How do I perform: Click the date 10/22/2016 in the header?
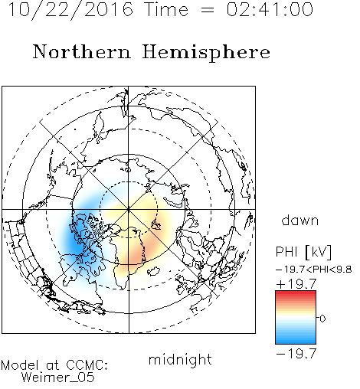(70, 10)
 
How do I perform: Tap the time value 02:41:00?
(270, 10)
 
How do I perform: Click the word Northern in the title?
(82, 52)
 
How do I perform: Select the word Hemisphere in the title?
(206, 53)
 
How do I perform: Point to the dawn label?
(300, 220)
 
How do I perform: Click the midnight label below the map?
(180, 360)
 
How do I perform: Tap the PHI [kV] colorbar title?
(303, 252)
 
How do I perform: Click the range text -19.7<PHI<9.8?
(314, 270)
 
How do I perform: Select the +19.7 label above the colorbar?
(296, 284)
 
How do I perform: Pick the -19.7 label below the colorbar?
(296, 354)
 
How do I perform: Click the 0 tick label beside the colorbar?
(322, 319)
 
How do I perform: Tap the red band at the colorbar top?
(296, 294)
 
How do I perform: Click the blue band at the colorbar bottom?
(296, 340)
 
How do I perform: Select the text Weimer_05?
(58, 378)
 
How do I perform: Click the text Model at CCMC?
(54, 365)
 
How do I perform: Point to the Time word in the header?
(166, 10)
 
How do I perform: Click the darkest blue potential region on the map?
(76, 244)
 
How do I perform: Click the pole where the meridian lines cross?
(129, 209)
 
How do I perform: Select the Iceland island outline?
(153, 271)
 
